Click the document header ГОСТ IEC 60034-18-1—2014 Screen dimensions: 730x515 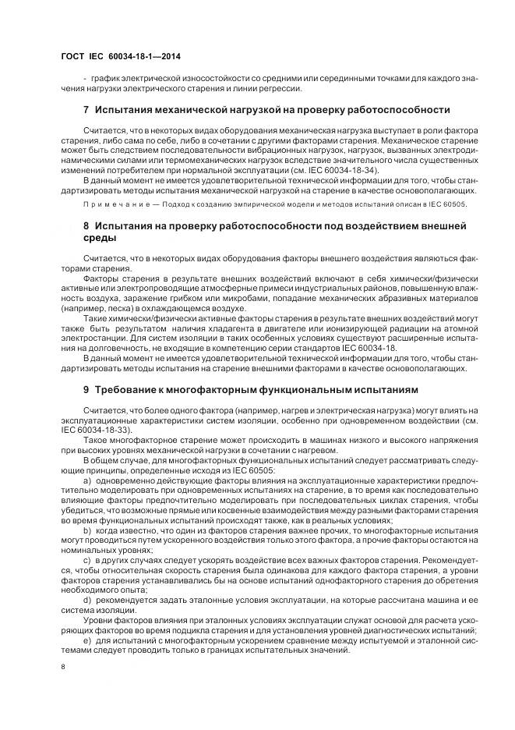tap(125, 56)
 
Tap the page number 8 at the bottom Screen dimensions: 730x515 tap(64, 666)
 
